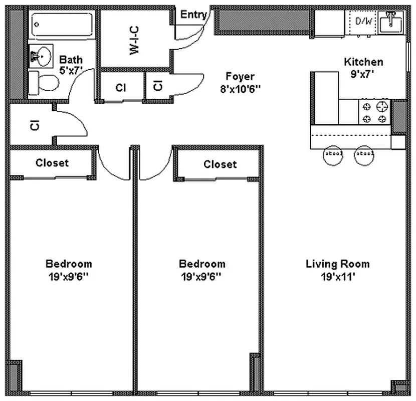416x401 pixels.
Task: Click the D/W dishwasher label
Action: pyautogui.click(x=363, y=21)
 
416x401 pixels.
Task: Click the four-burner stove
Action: pyautogui.click(x=374, y=112)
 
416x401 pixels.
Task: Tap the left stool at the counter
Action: pyautogui.click(x=333, y=154)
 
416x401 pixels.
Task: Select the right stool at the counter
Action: pyautogui.click(x=364, y=154)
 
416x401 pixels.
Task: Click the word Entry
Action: pyautogui.click(x=193, y=15)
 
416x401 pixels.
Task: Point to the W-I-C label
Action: pyautogui.click(x=134, y=40)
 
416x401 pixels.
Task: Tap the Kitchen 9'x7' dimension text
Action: pyautogui.click(x=363, y=73)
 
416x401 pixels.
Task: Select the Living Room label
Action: pyautogui.click(x=337, y=264)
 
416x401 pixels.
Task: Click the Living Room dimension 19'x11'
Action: pyautogui.click(x=337, y=276)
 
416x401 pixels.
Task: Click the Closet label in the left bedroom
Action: pyautogui.click(x=52, y=163)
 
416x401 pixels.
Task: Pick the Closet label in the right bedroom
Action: pyautogui.click(x=220, y=164)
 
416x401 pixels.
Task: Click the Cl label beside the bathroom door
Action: pyautogui.click(x=120, y=88)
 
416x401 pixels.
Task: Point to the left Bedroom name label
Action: pyautogui.click(x=69, y=264)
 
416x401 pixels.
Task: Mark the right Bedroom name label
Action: pyautogui.click(x=202, y=264)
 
